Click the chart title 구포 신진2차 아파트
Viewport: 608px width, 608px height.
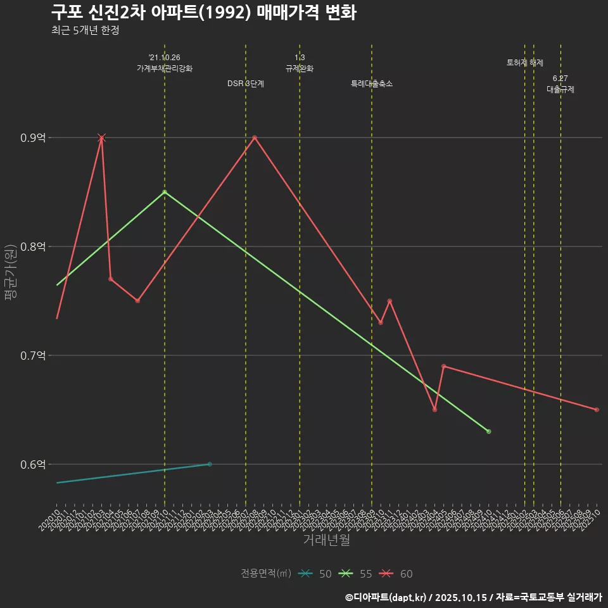coord(203,13)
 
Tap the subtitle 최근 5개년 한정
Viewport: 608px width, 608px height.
coord(85,30)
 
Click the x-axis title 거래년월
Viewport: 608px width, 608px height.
coord(326,540)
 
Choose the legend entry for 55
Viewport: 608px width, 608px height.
coord(356,574)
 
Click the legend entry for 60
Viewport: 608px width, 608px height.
coord(396,574)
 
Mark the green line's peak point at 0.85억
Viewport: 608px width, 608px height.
coord(165,192)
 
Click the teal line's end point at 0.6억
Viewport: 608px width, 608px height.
coord(210,464)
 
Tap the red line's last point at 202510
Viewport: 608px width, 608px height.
coord(597,410)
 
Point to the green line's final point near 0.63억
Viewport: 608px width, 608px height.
coord(488,431)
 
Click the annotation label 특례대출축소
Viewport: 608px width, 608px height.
coord(372,84)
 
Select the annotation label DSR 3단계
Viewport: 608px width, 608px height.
coord(246,84)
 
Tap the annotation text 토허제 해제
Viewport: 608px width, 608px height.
coord(525,63)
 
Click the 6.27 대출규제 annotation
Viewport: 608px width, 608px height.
coord(560,84)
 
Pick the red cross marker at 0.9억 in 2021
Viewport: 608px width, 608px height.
coord(101,137)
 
